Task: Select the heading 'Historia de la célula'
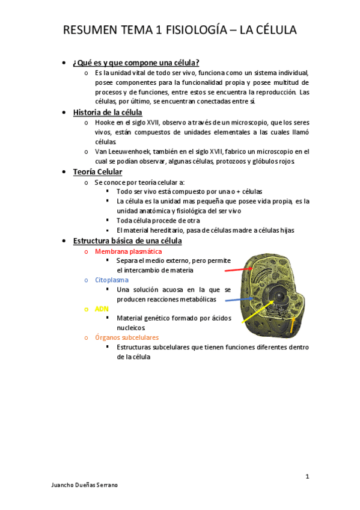108,112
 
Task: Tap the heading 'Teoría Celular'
97,172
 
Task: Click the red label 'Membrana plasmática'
128,251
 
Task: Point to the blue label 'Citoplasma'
111,280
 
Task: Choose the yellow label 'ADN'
102,309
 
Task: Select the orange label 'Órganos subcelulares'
126,337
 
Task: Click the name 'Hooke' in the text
105,122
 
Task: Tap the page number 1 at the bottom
307,476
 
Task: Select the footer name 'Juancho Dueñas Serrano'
85,485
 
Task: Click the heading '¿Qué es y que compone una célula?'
136,63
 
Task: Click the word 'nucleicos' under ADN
131,328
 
